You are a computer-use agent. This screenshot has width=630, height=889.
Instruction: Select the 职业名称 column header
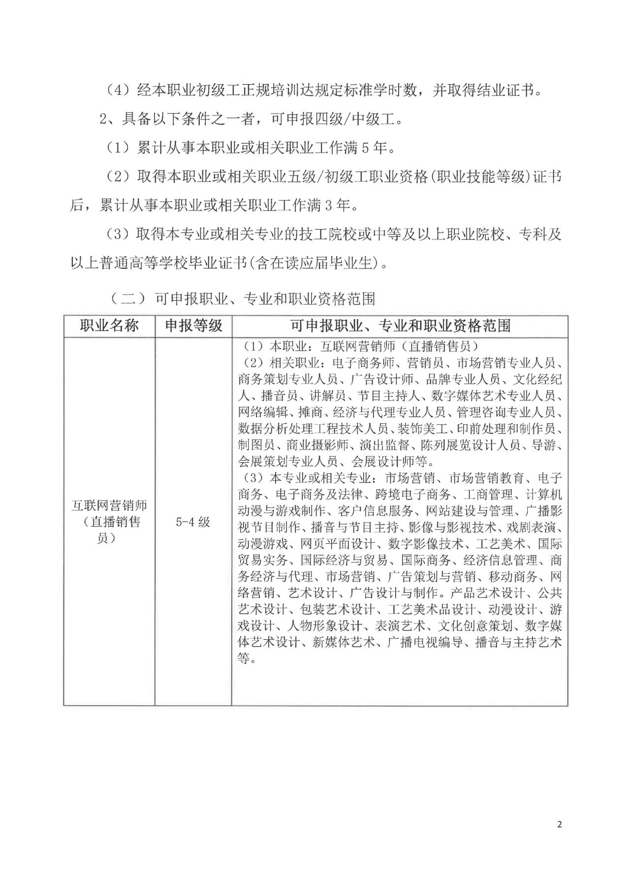(109, 326)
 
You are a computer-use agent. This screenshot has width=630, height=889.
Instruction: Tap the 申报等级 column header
(193, 326)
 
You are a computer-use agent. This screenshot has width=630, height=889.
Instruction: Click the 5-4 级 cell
(193, 522)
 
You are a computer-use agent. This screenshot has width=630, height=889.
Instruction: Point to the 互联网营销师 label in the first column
(109, 505)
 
